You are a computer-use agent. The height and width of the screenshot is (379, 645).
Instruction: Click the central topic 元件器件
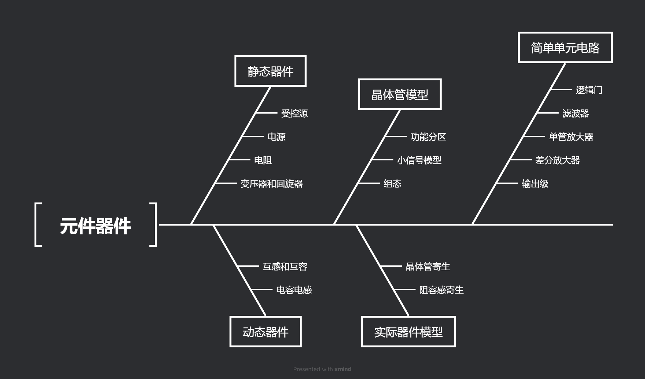click(x=95, y=226)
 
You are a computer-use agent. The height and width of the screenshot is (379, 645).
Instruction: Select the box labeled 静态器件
click(x=270, y=71)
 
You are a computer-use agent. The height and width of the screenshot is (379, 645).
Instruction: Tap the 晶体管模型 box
click(x=400, y=95)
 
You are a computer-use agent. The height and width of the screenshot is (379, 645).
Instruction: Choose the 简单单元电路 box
click(x=565, y=48)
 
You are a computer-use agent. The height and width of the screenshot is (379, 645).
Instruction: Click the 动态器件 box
click(x=265, y=332)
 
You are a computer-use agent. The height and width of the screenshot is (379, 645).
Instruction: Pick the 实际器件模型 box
click(x=408, y=332)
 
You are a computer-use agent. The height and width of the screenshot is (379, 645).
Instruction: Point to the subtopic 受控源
click(x=294, y=113)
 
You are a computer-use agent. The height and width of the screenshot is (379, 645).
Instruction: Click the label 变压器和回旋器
click(x=271, y=183)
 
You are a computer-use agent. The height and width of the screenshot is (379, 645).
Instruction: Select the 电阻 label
click(x=263, y=160)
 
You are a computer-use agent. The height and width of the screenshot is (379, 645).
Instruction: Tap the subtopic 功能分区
click(x=428, y=137)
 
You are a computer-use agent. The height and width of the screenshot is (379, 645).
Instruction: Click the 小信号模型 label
click(x=419, y=160)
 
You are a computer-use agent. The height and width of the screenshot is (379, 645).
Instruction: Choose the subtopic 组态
click(x=392, y=183)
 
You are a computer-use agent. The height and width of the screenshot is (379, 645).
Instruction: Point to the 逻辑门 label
click(x=589, y=90)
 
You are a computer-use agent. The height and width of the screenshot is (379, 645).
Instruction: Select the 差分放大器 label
click(x=557, y=160)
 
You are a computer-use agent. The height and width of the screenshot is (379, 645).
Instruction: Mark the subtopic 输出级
click(x=535, y=183)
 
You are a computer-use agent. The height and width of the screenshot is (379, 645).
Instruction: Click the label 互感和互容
click(x=285, y=266)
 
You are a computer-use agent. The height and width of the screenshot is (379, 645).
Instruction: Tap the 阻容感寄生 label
click(x=441, y=290)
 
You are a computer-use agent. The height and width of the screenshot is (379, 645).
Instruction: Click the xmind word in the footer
click(x=343, y=369)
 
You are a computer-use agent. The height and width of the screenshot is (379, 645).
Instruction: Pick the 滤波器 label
click(x=575, y=113)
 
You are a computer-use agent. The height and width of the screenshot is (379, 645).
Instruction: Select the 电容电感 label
click(x=294, y=290)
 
